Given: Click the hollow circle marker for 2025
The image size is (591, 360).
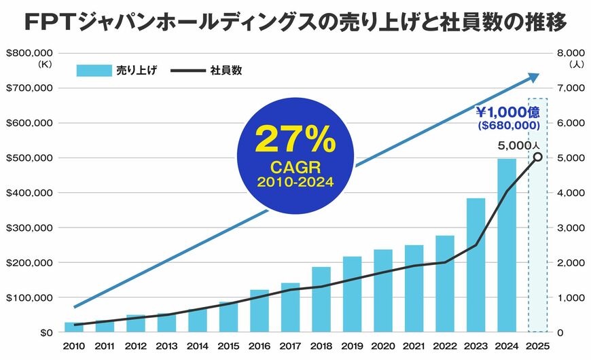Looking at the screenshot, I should (537, 157).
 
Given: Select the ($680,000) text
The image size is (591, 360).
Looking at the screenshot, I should (509, 126).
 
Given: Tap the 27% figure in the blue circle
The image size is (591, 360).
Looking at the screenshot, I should (295, 140).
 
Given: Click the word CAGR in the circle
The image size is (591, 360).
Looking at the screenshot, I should (295, 167).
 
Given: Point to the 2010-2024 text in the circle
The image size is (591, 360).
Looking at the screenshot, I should (295, 183).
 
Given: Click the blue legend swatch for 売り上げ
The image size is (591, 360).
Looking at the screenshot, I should (92, 70).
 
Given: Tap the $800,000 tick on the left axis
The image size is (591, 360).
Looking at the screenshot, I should (29, 53).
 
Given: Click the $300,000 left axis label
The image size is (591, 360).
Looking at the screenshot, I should (29, 228).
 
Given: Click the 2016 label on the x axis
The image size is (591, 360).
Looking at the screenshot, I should (259, 346).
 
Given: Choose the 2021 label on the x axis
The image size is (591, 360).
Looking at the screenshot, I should (414, 346).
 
